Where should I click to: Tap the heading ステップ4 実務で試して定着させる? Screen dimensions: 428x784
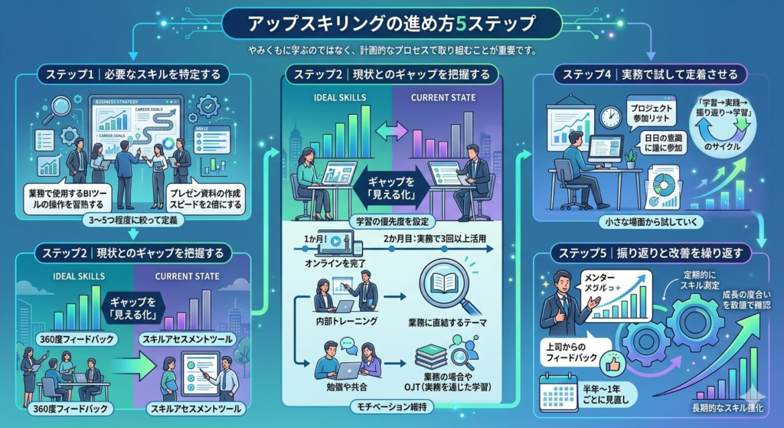[x=650, y=75]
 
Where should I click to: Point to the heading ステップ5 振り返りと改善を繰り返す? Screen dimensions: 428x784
[x=649, y=252]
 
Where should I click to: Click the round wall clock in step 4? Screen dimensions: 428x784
[x=610, y=117]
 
